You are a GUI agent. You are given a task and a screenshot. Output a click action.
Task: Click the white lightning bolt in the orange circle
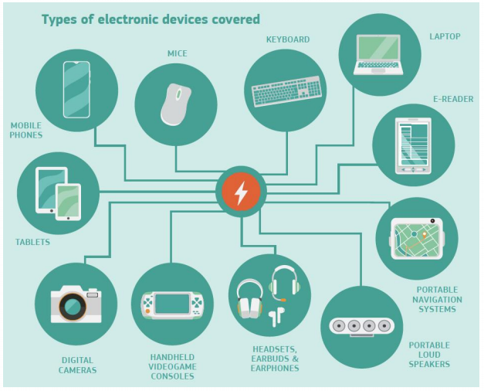coord(241,193)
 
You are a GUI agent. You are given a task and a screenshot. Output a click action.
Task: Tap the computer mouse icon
coord(176,104)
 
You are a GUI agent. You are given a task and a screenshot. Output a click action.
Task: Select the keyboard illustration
coord(286,91)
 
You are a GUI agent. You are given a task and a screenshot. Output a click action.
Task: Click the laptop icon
coord(378,55)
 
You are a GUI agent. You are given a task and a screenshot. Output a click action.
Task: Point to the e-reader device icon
coord(413,145)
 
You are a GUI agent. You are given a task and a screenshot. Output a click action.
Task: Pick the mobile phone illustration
coord(76,90)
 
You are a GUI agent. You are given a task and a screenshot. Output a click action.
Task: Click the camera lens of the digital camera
coord(73,306)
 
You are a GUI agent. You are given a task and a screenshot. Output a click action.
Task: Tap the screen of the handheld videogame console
coord(172,304)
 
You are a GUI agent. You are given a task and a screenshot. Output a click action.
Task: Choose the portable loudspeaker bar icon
coord(362,326)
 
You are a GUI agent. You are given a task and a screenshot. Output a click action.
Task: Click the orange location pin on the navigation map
coord(425,235)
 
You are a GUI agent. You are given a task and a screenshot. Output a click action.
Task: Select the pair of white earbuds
coord(276,317)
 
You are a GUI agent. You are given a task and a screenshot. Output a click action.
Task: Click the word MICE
coord(178,53)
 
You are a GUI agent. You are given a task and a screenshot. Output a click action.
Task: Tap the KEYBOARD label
coord(288,39)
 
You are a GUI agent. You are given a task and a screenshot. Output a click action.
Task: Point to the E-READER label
coord(453,99)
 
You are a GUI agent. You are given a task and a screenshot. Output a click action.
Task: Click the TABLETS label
coord(32,242)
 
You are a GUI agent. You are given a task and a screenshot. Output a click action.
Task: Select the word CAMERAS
coord(77,370)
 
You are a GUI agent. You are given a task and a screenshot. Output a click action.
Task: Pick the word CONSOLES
coord(173,376)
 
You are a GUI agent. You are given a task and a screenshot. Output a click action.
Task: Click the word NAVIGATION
coord(437,300)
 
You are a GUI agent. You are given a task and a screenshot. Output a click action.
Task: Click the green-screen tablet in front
coord(68,202)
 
